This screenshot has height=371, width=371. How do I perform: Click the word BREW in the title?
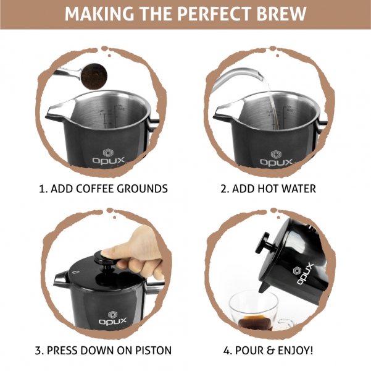281,14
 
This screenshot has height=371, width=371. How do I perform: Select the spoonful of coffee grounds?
94,76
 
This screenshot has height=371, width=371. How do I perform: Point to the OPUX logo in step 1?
109,156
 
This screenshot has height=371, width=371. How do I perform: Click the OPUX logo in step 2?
277,158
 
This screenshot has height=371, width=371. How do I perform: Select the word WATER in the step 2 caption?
298,189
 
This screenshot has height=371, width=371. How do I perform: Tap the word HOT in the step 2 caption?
267,189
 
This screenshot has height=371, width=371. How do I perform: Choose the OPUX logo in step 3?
112,318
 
